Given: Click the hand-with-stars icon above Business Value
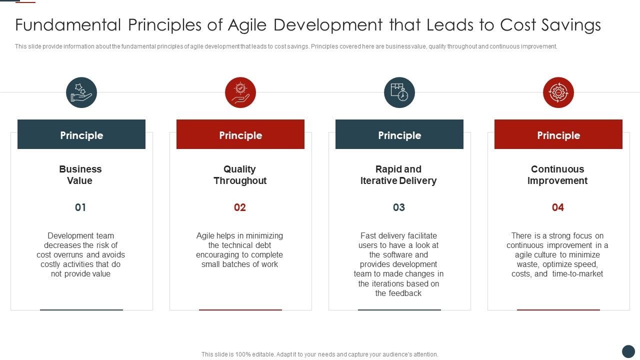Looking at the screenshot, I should [x=81, y=92].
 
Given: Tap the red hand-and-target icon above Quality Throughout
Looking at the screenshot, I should [x=240, y=92].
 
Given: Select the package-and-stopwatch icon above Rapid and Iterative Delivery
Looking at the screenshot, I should [x=399, y=92].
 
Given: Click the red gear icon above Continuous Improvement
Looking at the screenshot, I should [x=558, y=92].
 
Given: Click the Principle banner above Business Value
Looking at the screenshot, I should [x=81, y=134].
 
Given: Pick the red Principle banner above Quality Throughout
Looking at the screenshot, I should [x=240, y=134].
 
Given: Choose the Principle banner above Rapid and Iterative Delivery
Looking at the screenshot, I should [x=399, y=134].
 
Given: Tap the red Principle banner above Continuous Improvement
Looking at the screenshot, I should [x=558, y=134].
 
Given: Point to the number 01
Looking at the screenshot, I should [x=80, y=207].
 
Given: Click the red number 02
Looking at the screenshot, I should [x=240, y=207].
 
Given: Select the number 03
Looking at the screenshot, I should [x=398, y=207].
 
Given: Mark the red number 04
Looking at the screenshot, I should [x=557, y=207].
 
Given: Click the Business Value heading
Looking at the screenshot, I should [x=80, y=175].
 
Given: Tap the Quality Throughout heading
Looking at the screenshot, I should [x=240, y=175].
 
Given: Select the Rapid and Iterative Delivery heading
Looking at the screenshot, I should [x=398, y=175].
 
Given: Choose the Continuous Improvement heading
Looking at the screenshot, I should [x=557, y=175].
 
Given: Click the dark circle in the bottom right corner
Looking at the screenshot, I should [x=628, y=351].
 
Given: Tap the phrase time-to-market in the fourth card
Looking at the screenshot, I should [x=577, y=274].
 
